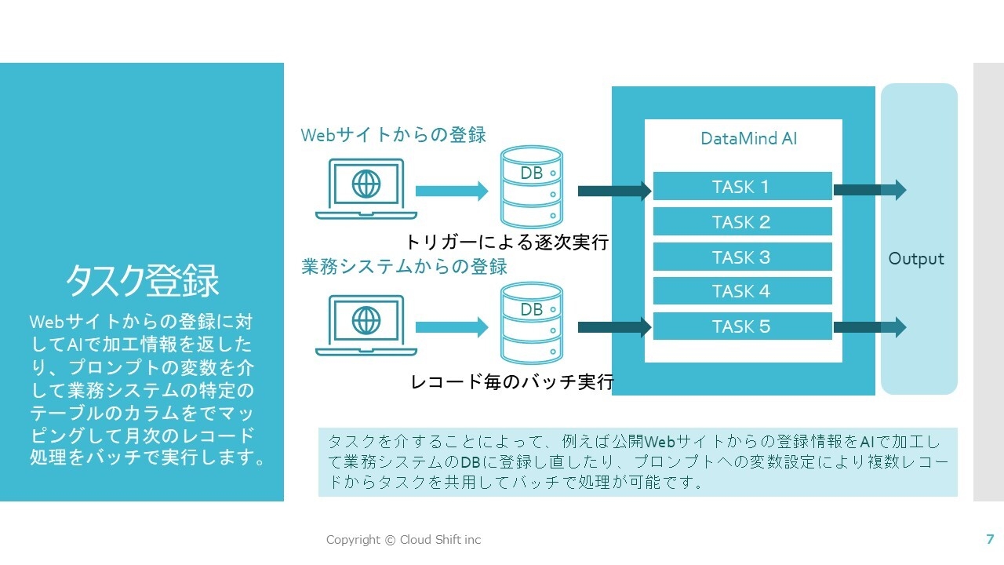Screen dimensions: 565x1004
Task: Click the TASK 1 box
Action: [742, 187]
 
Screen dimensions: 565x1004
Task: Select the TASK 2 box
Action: [742, 222]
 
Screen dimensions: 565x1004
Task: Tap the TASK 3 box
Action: [742, 257]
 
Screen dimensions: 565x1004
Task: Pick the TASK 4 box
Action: [742, 291]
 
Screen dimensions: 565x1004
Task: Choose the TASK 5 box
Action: [742, 326]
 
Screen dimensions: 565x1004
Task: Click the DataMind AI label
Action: [748, 139]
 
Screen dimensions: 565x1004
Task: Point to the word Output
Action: [916, 259]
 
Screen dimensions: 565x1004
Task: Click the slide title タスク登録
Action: [142, 281]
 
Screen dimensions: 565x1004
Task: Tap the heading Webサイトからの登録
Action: [394, 135]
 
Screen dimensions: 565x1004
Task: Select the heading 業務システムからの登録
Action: [405, 267]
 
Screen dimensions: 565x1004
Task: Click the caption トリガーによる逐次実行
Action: [507, 242]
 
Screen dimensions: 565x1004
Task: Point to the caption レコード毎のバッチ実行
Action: [512, 383]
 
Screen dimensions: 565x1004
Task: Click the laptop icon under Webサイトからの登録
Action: [365, 189]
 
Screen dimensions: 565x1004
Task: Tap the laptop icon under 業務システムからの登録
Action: [365, 324]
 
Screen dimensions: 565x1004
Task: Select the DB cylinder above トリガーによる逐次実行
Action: [532, 187]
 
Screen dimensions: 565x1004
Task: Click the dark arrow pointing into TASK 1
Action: [614, 191]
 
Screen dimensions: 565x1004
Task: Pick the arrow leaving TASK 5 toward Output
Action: [869, 326]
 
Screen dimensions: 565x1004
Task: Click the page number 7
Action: [990, 539]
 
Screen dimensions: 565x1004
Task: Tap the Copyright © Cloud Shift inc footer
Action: [403, 540]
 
